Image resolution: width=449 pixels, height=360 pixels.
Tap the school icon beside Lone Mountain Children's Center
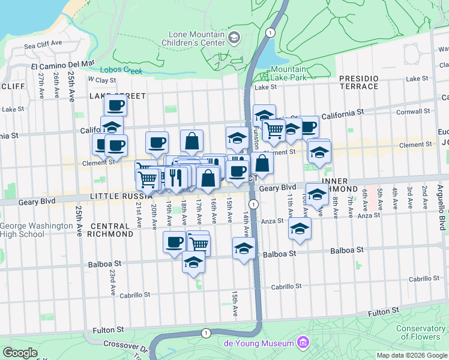[x=234, y=38]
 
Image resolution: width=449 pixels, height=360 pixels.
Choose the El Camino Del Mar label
[x=63, y=62]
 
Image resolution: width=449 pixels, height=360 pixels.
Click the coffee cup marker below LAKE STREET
[x=115, y=106]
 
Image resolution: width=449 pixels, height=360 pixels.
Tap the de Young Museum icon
[x=303, y=343]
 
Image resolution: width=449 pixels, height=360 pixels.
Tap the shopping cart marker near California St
[x=274, y=130]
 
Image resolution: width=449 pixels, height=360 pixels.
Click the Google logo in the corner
[x=20, y=353]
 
